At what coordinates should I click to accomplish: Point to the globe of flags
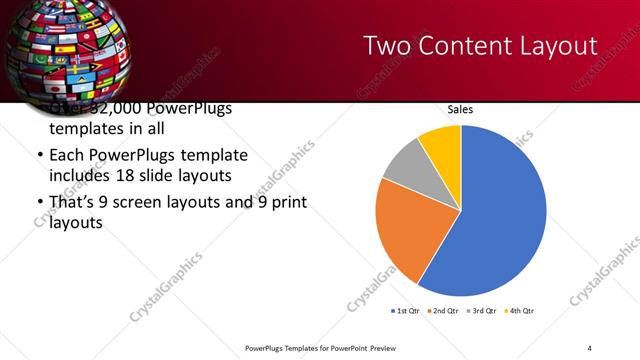60,45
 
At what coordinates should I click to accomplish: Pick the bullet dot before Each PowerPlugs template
39,157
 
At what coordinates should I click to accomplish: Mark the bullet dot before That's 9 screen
39,203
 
